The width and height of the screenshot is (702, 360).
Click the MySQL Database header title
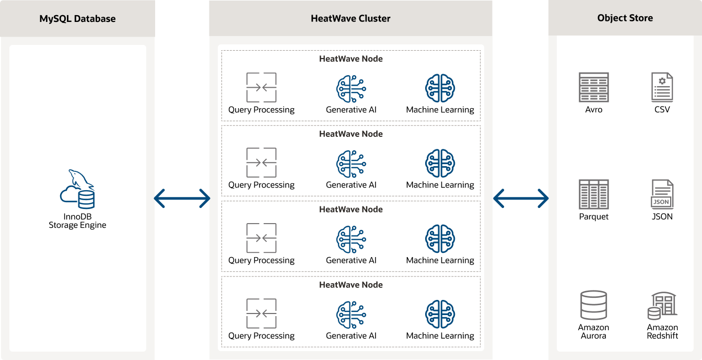[77, 19]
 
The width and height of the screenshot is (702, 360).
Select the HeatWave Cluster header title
[350, 19]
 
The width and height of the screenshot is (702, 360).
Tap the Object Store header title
[625, 18]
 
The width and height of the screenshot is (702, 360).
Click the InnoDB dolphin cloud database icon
[77, 189]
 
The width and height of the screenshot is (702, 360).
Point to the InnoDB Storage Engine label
[77, 220]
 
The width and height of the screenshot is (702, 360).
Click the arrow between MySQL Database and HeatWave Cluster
[182, 198]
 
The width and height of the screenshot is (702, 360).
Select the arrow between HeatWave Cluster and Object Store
[521, 198]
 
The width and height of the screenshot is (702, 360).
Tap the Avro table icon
[593, 87]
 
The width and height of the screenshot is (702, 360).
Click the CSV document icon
[662, 87]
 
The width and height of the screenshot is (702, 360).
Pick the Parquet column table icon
[593, 194]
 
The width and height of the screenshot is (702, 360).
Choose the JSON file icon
[662, 194]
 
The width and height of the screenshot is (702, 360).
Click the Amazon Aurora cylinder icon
[593, 305]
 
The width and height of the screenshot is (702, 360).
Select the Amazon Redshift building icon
[662, 306]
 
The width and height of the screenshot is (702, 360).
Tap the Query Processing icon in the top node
[261, 87]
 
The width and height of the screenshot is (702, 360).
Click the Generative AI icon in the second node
[351, 163]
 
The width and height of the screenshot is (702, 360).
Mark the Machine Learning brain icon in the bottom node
[440, 314]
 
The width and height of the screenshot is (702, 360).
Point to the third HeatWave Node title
[350, 210]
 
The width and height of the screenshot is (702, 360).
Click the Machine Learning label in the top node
[440, 110]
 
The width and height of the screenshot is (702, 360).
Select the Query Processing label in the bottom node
[261, 336]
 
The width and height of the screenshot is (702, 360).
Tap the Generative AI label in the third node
[351, 260]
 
